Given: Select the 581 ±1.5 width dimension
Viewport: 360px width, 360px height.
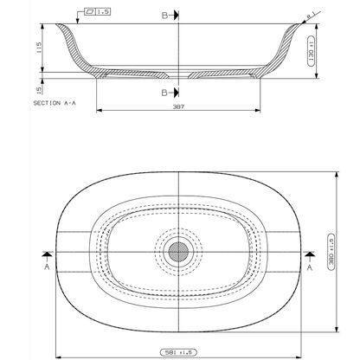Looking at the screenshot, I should [x=179, y=353].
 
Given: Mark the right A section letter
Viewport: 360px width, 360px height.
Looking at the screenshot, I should [x=310, y=268].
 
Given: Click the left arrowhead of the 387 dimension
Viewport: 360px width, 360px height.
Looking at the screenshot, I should [x=99, y=110].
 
